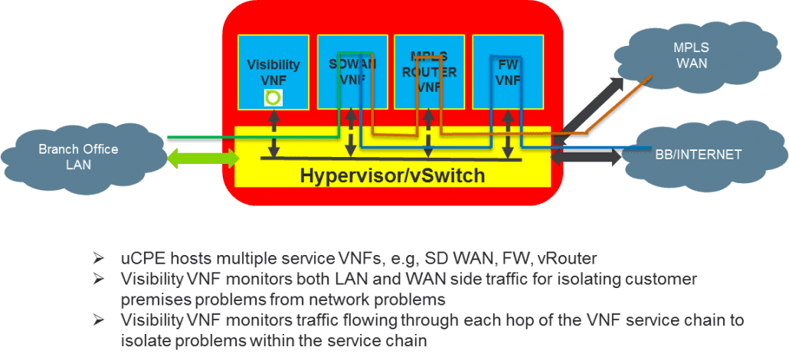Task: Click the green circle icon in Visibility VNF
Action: (272, 97)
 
